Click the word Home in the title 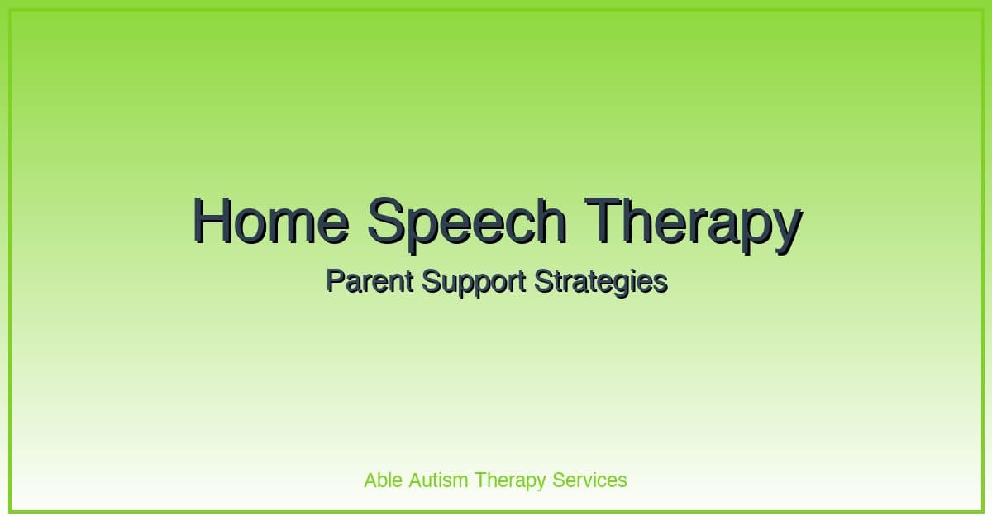click(x=270, y=221)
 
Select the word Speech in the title click(x=467, y=221)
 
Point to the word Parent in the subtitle click(x=370, y=281)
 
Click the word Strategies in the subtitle click(x=601, y=282)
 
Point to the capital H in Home click(x=213, y=221)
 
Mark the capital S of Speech click(x=386, y=221)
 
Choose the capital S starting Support click(x=430, y=281)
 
